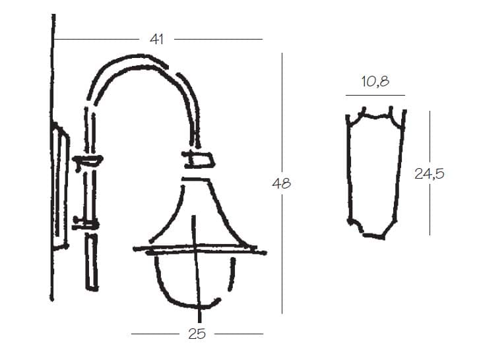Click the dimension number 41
[x=157, y=40]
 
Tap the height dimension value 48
[x=281, y=183]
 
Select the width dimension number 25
[x=197, y=334]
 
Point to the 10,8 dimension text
[x=375, y=82]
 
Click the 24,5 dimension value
[x=429, y=174]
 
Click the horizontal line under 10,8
[x=375, y=95]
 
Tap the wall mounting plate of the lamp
[x=60, y=186]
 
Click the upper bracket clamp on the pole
[x=87, y=160]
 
